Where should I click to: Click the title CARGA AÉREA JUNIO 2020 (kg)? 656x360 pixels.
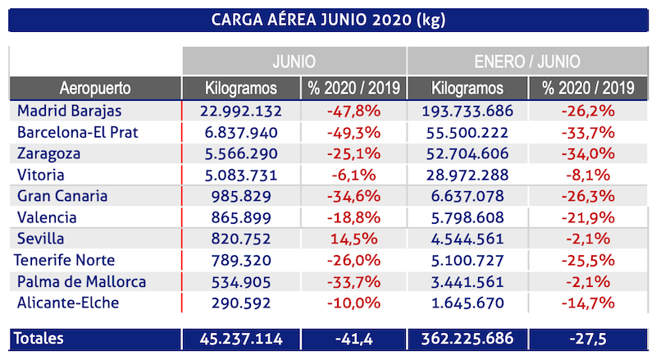pos(328,18)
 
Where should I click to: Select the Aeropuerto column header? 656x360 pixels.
pos(95,88)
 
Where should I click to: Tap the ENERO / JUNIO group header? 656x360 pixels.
pos(527,61)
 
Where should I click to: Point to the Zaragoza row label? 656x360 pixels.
pos(51,153)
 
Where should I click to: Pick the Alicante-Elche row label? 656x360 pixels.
pos(68,303)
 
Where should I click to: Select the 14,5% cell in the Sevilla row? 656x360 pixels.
pos(353,239)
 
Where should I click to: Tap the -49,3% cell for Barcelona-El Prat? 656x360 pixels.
pos(353,132)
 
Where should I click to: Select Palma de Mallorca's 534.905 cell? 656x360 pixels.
pos(240,281)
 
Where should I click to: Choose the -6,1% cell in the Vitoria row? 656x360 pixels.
pos(353,175)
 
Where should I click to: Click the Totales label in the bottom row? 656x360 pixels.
pos(41,339)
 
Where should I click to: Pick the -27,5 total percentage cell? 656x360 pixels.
pos(589,339)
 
